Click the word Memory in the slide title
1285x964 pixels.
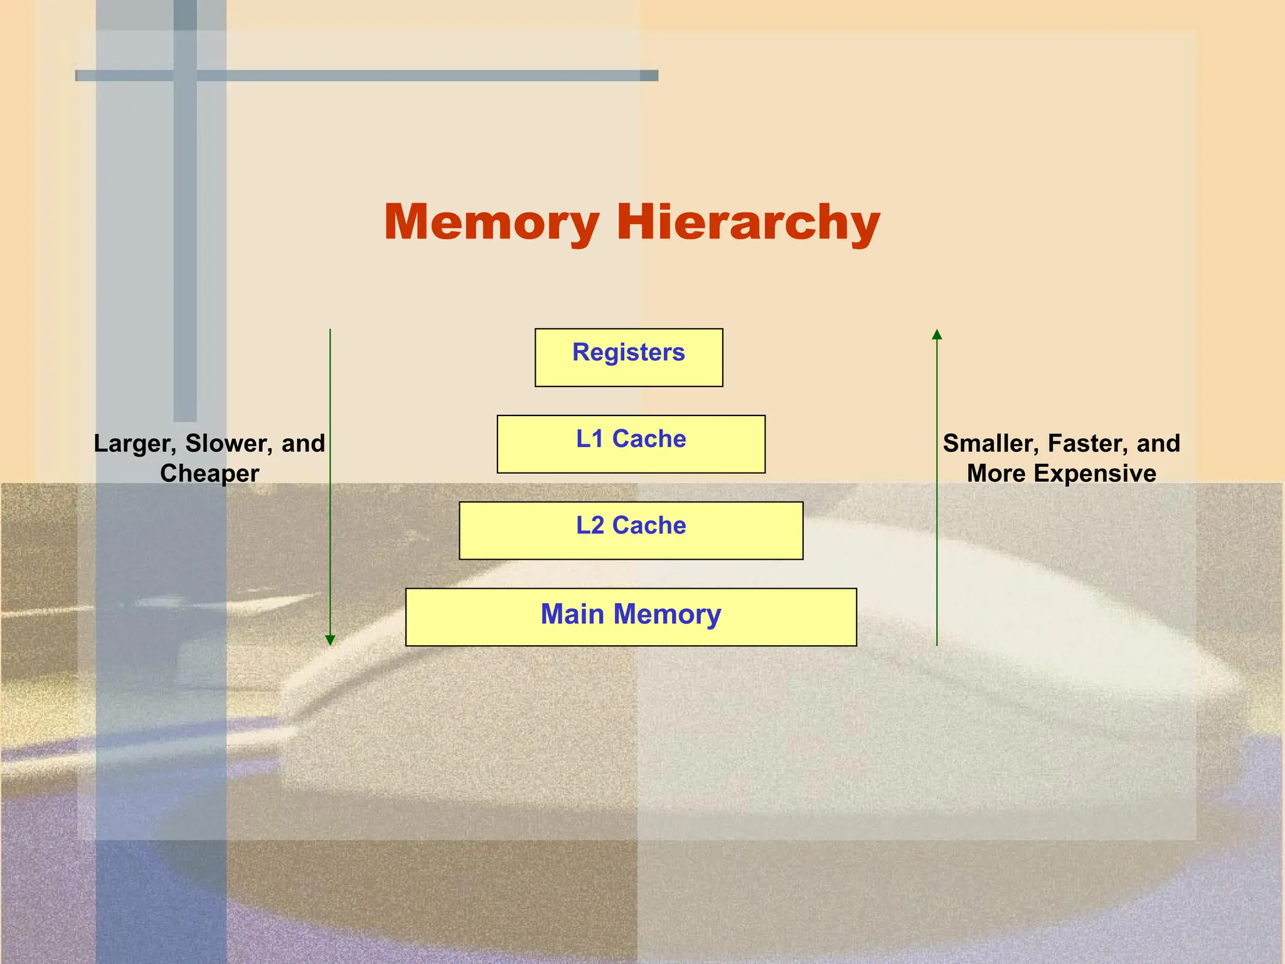[x=491, y=222]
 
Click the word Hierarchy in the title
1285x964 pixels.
[x=748, y=222]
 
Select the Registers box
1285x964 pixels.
[x=629, y=358]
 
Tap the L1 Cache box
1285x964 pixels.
[x=631, y=444]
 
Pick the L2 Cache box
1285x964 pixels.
[x=631, y=531]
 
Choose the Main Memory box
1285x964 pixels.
[x=631, y=617]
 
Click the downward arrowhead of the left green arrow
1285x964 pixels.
[x=330, y=640]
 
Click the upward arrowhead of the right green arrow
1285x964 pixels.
[x=937, y=334]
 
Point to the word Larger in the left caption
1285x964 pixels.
[x=135, y=444]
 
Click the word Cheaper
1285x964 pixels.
[x=210, y=473]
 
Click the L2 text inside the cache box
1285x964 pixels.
[x=590, y=525]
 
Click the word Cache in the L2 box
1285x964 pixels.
[x=649, y=525]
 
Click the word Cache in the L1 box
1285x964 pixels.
[x=649, y=439]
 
